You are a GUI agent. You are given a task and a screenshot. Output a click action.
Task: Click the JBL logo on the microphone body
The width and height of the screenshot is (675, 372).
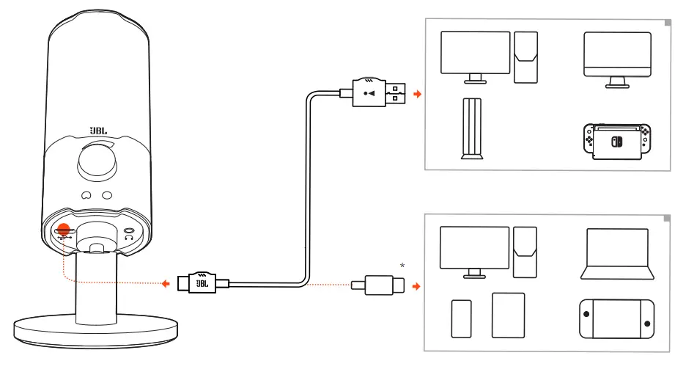(98, 131)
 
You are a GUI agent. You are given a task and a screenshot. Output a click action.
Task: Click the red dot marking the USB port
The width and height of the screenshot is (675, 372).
(64, 231)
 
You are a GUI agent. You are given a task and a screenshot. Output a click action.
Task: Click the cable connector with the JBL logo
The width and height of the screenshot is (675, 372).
(202, 282)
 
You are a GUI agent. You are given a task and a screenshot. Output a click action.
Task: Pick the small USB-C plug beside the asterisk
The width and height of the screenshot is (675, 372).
(380, 284)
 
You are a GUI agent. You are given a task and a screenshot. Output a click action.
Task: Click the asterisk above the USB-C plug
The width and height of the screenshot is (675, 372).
(402, 264)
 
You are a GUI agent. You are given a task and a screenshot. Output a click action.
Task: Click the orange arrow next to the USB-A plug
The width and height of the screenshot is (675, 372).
(418, 95)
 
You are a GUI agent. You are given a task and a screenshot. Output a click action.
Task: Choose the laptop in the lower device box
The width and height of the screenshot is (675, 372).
(617, 254)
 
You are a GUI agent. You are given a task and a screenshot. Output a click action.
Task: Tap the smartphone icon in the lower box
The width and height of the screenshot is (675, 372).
(461, 318)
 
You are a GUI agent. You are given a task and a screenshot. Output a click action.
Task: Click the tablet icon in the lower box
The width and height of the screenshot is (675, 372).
(508, 316)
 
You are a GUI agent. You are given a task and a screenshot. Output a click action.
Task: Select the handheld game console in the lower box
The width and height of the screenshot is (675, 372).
(616, 319)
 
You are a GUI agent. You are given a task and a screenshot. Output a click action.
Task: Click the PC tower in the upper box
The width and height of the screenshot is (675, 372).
(525, 57)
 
